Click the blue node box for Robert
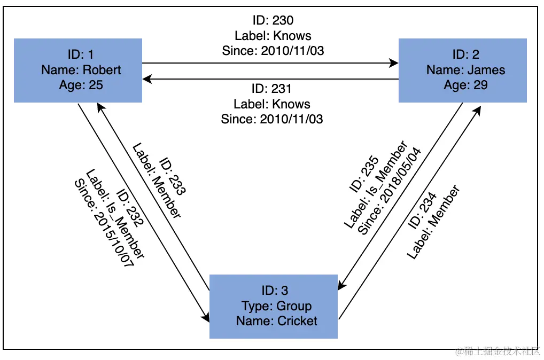click(x=78, y=70)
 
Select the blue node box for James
click(x=463, y=70)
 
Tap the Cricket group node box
click(x=274, y=306)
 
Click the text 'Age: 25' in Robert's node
click(x=81, y=85)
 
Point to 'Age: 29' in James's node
click(x=465, y=85)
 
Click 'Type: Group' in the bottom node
click(x=276, y=306)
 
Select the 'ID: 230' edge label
click(x=273, y=21)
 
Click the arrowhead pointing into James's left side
click(x=394, y=63)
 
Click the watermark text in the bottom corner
click(x=497, y=351)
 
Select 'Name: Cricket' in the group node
click(x=276, y=321)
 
